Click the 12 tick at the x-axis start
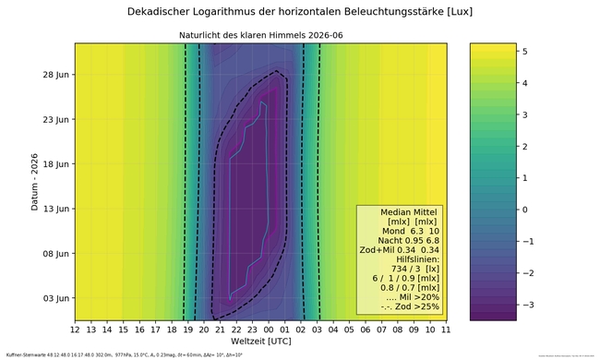(x=75, y=329)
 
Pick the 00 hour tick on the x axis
(x=269, y=329)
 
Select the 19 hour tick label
(x=187, y=329)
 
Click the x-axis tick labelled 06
(x=366, y=329)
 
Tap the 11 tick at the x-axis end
(x=446, y=329)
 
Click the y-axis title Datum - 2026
(x=34, y=182)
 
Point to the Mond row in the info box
(x=401, y=231)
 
